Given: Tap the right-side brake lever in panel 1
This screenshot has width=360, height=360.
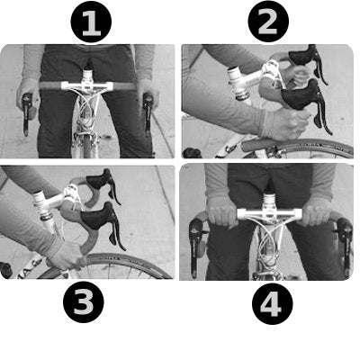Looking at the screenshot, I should (x=148, y=112).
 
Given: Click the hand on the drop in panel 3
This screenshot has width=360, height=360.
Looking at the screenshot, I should (x=66, y=255).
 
